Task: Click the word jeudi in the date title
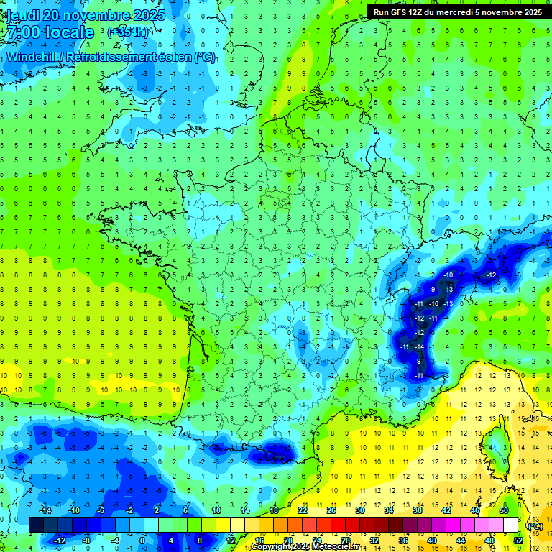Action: pyautogui.click(x=22, y=15)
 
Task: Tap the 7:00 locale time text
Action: pyautogui.click(x=49, y=33)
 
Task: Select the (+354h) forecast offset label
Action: pyautogui.click(x=127, y=32)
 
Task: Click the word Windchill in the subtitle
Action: pyautogui.click(x=34, y=56)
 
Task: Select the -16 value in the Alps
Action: pyautogui.click(x=433, y=304)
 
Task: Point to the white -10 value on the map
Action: pyautogui.click(x=448, y=275)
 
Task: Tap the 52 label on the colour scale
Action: pyautogui.click(x=519, y=540)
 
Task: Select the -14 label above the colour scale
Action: pyautogui.click(x=45, y=510)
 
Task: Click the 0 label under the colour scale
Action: pyautogui.click(x=142, y=540)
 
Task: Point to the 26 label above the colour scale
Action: pyautogui.click(x=331, y=510)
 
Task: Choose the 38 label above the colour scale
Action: pyautogui.click(x=417, y=510)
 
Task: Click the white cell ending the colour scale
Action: pyautogui.click(x=510, y=525)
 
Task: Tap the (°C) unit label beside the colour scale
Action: pyautogui.click(x=535, y=526)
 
